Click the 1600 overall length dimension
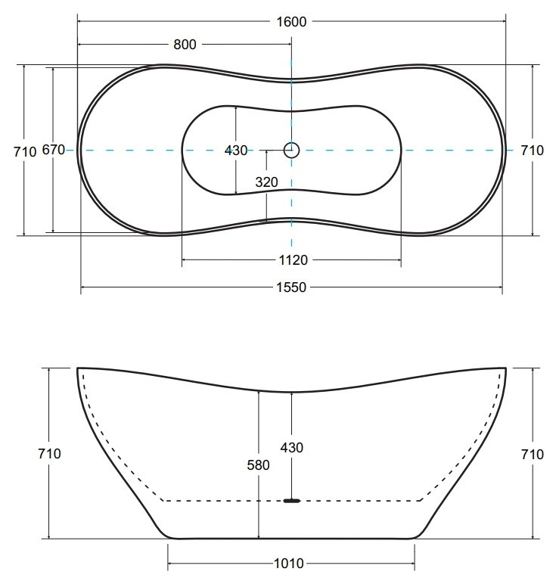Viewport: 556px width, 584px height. click(x=291, y=22)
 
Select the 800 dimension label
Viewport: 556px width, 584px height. click(x=185, y=45)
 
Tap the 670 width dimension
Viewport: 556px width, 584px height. click(x=54, y=150)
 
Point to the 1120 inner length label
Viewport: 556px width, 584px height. click(x=293, y=260)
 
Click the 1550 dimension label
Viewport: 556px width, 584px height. click(x=291, y=287)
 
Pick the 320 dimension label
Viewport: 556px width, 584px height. click(x=266, y=182)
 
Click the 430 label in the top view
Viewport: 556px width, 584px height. click(x=236, y=151)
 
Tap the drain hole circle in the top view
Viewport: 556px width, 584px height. click(x=291, y=151)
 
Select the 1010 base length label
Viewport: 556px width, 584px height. click(x=289, y=564)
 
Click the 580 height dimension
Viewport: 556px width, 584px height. click(x=258, y=465)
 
